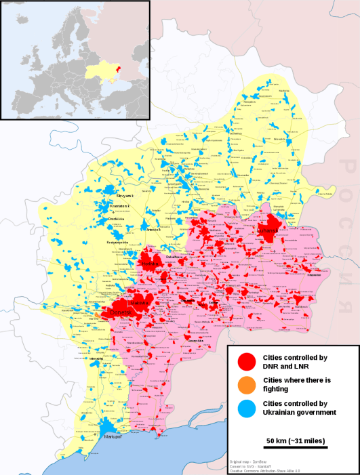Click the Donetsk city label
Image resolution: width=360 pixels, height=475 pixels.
pyautogui.click(x=121, y=312)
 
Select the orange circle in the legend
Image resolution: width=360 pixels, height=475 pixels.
pyautogui.click(x=247, y=384)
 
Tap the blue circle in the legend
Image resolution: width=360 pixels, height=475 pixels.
pyautogui.click(x=247, y=407)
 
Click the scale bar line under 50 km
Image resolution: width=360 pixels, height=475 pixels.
pyautogui.click(x=296, y=447)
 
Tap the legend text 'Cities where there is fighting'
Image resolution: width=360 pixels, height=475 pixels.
pyautogui.click(x=296, y=384)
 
